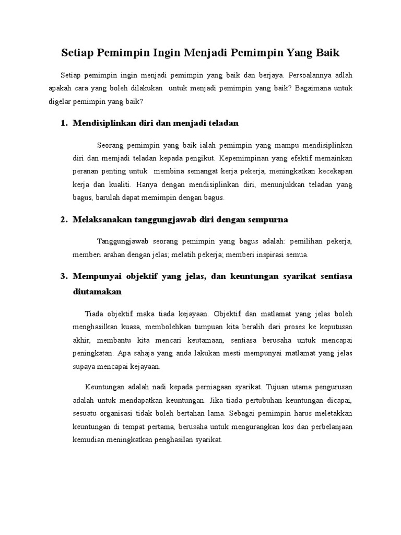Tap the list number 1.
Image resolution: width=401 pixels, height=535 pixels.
64,123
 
